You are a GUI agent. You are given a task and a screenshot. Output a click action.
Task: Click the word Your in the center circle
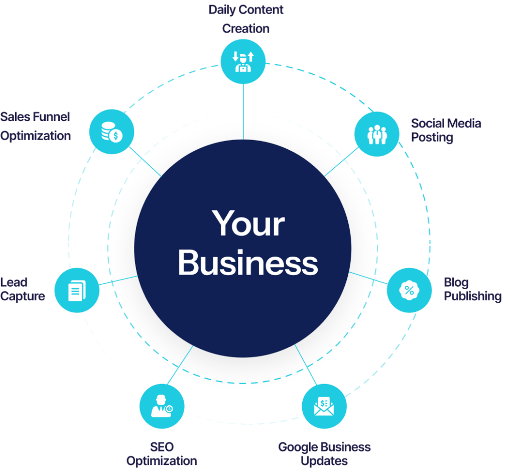[248, 224]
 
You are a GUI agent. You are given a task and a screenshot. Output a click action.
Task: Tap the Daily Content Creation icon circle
[243, 61]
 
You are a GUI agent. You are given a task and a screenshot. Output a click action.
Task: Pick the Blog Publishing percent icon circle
[409, 290]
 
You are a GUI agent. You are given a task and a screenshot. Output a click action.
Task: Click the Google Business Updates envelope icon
[324, 406]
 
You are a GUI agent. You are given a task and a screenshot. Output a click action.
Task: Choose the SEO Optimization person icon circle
[162, 405]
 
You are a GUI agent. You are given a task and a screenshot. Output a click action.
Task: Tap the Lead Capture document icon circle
[76, 290]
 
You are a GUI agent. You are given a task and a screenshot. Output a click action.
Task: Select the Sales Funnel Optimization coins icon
[111, 132]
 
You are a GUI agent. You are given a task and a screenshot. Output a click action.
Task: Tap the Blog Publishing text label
[472, 290]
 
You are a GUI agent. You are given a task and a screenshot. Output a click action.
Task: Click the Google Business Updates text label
[324, 453]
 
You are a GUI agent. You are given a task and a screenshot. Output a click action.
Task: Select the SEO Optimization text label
[162, 453]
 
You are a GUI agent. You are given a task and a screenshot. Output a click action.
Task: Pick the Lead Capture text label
[23, 289]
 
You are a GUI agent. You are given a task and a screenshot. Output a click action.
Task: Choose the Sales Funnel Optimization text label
[35, 127]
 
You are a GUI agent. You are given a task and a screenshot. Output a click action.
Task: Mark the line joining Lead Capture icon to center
[118, 280]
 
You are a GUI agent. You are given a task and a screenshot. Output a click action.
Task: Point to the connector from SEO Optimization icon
[181, 366]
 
